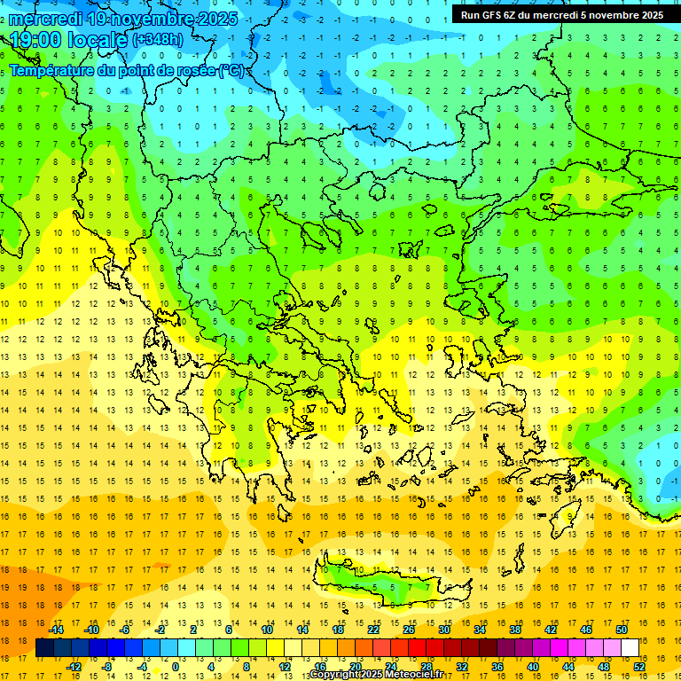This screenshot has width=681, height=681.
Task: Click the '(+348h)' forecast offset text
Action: pos(158,40)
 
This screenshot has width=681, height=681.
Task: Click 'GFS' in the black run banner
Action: pos(497,15)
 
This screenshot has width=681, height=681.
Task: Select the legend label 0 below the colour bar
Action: pos(176,667)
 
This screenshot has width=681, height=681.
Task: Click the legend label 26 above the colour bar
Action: pos(409,630)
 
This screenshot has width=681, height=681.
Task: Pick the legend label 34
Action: pos(480,630)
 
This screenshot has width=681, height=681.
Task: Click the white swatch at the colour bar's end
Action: pos(630,648)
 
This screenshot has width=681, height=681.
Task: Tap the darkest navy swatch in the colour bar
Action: pos(44,648)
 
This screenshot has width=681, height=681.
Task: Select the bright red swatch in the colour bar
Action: pos(418,648)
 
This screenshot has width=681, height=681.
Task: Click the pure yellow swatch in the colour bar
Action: pos(276,648)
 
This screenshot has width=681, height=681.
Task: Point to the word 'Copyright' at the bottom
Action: pos(334,675)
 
